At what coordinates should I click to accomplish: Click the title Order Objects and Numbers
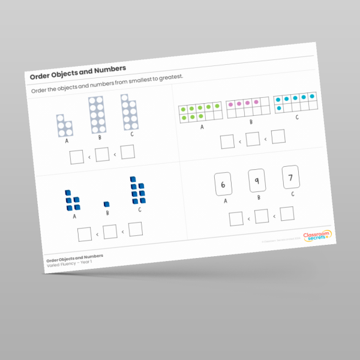(78, 72)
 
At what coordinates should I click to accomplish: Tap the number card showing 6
(223, 185)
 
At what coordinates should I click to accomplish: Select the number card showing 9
(257, 181)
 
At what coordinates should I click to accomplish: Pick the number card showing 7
(290, 176)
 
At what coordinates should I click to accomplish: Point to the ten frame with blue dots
(295, 101)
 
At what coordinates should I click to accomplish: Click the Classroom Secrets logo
(315, 236)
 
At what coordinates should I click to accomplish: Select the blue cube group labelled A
(73, 200)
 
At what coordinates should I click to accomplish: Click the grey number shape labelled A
(65, 125)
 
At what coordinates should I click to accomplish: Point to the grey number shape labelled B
(97, 116)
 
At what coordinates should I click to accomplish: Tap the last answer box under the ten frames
(278, 136)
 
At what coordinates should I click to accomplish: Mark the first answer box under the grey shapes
(76, 158)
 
